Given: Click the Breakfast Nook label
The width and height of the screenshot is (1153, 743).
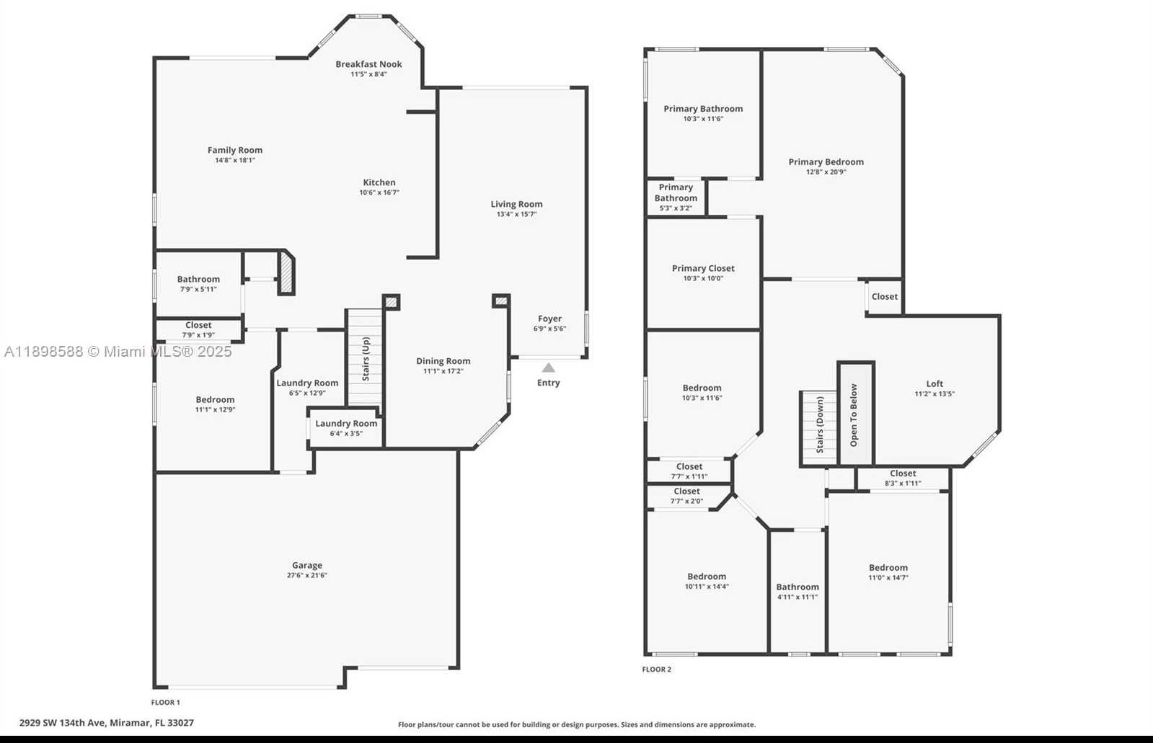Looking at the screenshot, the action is click(368, 64).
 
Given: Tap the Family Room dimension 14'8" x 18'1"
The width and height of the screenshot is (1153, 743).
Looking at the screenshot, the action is click(235, 160).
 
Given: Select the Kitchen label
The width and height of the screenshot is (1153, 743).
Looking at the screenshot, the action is click(379, 182).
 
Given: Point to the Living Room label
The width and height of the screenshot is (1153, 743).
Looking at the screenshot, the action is click(516, 204).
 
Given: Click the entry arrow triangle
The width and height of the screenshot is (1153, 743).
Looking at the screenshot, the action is click(549, 368).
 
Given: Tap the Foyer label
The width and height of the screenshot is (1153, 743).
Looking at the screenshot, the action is click(549, 319).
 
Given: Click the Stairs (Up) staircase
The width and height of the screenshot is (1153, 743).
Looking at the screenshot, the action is click(365, 357).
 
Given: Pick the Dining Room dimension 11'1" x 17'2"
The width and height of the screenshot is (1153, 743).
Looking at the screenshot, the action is click(443, 371).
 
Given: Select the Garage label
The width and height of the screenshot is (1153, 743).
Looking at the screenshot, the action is click(307, 565).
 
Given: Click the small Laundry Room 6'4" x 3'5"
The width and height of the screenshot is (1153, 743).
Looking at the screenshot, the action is click(346, 427).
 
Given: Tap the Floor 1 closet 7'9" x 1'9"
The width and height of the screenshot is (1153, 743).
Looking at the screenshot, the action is click(198, 330).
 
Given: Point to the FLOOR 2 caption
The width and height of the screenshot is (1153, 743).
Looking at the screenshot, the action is click(657, 669).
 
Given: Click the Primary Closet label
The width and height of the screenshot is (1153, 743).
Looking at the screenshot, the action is click(703, 268).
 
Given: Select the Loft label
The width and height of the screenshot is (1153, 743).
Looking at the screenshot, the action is click(935, 383).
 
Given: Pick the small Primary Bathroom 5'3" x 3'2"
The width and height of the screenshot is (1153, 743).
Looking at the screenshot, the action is click(676, 197).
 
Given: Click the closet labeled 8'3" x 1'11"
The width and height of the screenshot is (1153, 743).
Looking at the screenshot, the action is click(903, 479).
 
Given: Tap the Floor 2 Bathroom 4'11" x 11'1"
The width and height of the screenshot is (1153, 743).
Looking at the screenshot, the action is click(798, 592).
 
